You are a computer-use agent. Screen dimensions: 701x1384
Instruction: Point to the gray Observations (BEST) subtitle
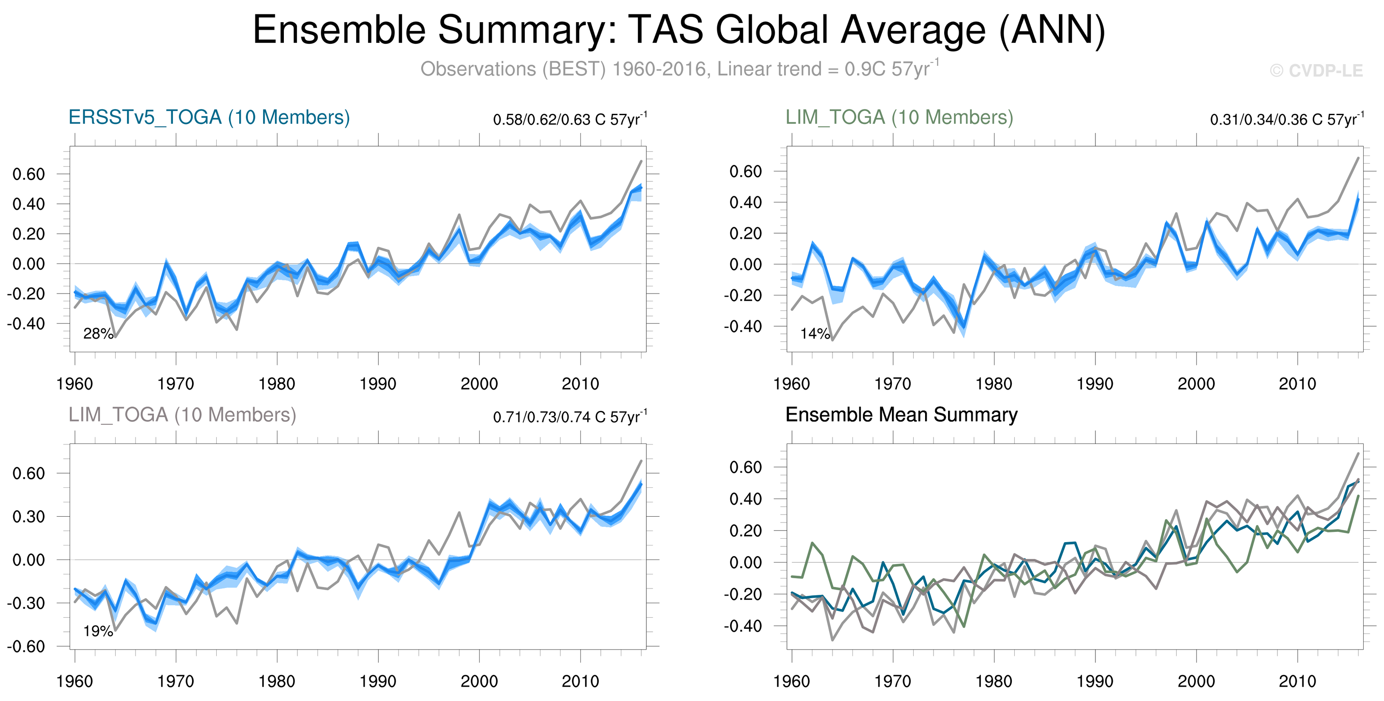tap(679, 69)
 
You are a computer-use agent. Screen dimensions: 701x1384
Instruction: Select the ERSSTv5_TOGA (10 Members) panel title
tap(209, 118)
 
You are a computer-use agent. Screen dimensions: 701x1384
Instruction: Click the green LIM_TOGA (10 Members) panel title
tap(899, 118)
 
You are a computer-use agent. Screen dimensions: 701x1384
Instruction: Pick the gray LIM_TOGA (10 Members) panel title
tap(182, 415)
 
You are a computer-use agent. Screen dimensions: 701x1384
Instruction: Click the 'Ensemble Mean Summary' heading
tap(901, 415)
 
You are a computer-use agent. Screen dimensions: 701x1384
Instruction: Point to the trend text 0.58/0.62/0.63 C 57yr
tap(569, 119)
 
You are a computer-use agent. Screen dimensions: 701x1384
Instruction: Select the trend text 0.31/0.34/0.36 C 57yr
tap(1286, 119)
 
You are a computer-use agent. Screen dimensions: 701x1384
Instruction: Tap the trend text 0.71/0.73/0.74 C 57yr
tap(569, 417)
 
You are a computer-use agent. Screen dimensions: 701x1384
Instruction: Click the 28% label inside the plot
tap(98, 334)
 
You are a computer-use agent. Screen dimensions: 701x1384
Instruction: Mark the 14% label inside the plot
tap(815, 334)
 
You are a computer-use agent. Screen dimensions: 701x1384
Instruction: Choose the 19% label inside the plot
tap(98, 631)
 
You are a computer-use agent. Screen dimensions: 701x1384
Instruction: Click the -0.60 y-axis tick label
tap(26, 647)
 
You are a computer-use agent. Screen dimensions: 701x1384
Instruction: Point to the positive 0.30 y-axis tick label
tap(28, 517)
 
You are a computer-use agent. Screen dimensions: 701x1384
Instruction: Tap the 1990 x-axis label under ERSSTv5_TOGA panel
tap(378, 384)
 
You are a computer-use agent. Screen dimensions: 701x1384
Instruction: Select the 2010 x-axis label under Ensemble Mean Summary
tap(1297, 681)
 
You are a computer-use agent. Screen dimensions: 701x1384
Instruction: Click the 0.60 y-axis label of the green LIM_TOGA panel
tap(745, 172)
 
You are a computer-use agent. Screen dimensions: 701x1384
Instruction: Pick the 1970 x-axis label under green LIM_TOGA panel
tap(892, 384)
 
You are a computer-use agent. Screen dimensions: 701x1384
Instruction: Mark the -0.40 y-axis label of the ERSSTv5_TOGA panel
tap(26, 324)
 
